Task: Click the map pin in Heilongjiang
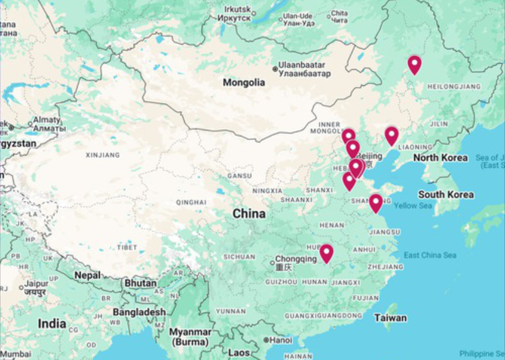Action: click(414, 64)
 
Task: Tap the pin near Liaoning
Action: click(391, 135)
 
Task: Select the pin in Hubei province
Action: click(326, 253)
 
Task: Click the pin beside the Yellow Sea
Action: click(376, 203)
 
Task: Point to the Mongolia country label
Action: click(243, 82)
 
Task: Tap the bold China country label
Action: click(249, 213)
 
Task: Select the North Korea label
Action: click(440, 158)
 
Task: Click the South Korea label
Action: click(445, 195)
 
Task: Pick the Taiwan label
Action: click(390, 317)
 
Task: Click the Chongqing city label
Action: click(295, 260)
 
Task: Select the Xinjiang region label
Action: click(103, 155)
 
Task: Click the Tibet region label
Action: click(127, 248)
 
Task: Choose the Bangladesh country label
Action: click(138, 312)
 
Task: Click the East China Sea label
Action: click(430, 255)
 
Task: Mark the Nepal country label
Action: click(87, 275)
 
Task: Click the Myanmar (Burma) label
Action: click(189, 337)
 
